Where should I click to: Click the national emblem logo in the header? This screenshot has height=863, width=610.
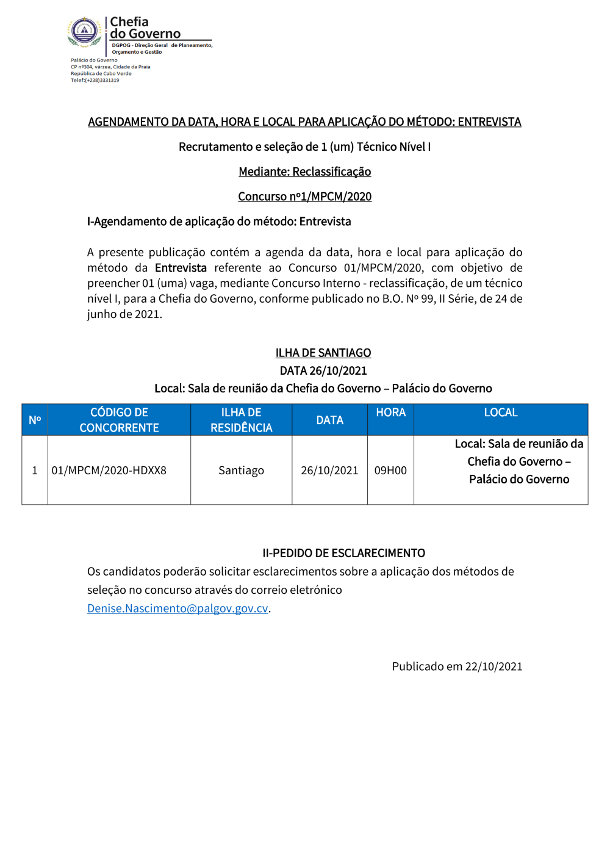tap(84, 31)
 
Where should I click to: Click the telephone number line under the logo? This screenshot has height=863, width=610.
tap(95, 80)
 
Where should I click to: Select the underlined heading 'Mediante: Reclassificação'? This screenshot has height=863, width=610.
tap(304, 172)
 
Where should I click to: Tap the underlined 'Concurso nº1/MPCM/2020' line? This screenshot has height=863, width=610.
tap(304, 197)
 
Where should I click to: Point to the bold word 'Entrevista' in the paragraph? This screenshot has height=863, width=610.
tap(181, 268)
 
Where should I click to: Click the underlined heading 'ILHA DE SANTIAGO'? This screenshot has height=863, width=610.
tap(323, 353)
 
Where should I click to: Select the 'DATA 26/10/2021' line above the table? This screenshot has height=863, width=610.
tap(323, 370)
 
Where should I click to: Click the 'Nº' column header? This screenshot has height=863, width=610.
tap(35, 420)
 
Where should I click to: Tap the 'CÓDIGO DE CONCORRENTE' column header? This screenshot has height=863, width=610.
tap(119, 420)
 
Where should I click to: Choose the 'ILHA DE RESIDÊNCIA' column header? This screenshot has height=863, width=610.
tap(241, 420)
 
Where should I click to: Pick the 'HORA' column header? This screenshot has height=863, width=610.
tap(390, 413)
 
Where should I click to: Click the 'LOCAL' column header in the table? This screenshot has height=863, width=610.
tap(500, 413)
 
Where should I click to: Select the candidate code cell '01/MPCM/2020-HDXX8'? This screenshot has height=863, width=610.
tap(109, 471)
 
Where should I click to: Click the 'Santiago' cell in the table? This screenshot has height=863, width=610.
tap(241, 471)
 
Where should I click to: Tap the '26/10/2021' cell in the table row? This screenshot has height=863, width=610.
tap(329, 471)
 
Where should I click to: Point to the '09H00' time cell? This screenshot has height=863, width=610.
tap(390, 471)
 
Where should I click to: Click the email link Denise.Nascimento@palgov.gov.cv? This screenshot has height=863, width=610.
tap(178, 608)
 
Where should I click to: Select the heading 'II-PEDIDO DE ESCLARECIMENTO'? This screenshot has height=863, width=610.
tap(343, 553)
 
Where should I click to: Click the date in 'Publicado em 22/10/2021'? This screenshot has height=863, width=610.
tap(493, 666)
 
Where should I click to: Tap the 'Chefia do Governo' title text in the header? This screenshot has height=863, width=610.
tap(145, 28)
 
